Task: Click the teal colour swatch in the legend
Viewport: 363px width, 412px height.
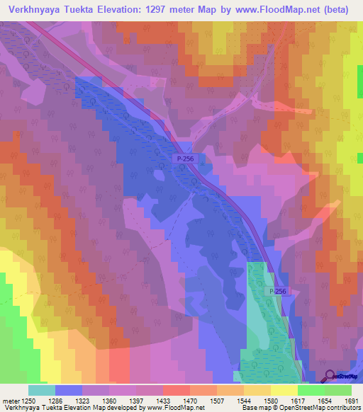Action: tap(42, 390)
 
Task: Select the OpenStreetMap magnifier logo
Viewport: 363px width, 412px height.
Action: tap(330, 376)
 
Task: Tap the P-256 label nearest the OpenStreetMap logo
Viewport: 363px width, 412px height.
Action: tap(278, 291)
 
